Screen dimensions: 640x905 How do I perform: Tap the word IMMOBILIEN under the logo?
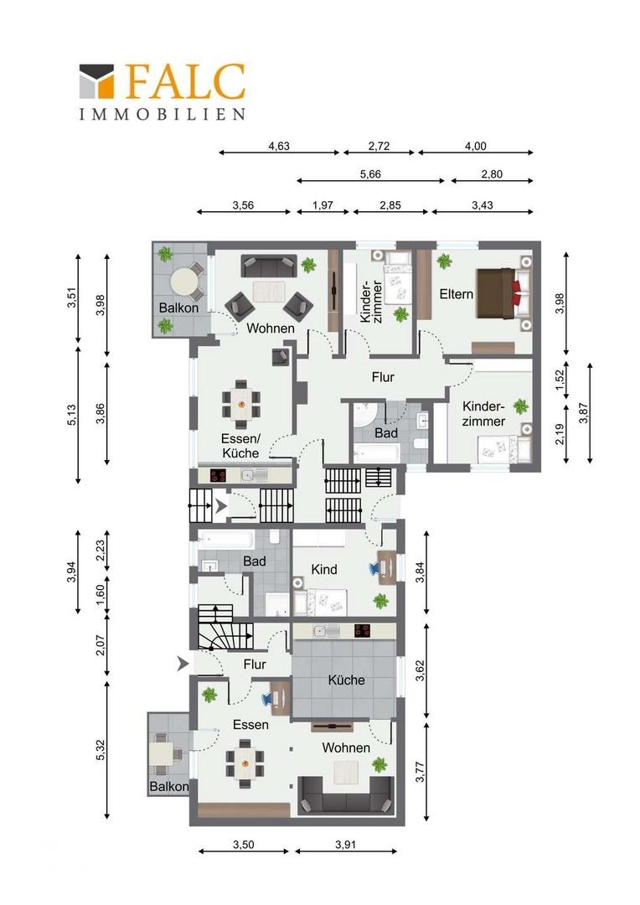tap(163, 114)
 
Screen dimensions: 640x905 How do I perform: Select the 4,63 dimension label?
tap(279, 146)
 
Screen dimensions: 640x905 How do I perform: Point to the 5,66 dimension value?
tap(370, 173)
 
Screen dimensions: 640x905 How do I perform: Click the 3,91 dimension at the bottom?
tap(346, 845)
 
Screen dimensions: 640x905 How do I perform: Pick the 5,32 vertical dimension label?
tap(101, 749)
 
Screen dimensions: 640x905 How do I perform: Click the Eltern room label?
tap(456, 294)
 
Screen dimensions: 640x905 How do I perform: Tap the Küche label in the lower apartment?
tap(346, 680)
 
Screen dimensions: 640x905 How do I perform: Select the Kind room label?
tap(323, 569)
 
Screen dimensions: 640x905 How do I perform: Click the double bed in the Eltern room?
tap(502, 292)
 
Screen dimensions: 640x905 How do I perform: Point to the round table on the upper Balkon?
tap(184, 283)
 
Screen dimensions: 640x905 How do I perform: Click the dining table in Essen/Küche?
tap(240, 397)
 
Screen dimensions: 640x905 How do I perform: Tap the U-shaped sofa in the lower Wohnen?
tap(346, 795)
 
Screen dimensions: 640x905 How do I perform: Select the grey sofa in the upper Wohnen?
tap(269, 266)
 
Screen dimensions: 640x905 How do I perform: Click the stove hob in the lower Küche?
tap(363, 630)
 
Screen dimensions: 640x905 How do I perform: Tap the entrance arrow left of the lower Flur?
tap(183, 664)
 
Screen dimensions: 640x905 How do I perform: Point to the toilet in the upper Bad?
tap(421, 443)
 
